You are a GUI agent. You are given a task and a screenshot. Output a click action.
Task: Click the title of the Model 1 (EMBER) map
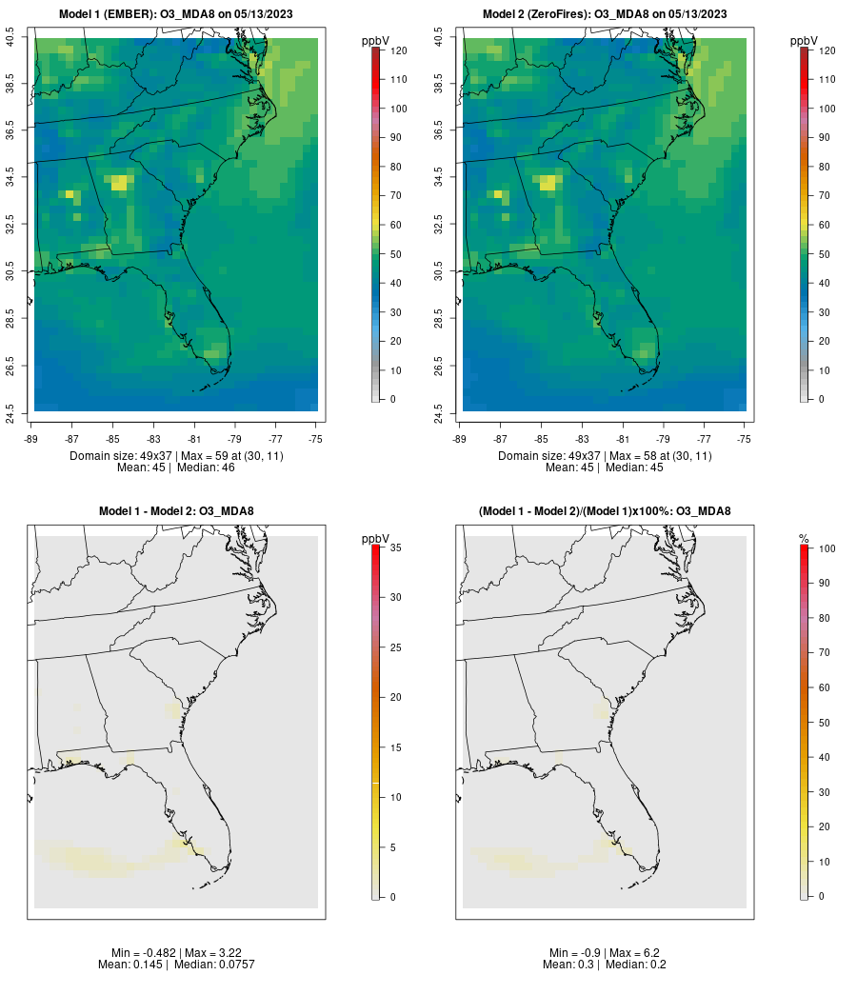coord(175,13)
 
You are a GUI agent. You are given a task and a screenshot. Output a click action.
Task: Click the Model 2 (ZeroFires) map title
coord(605,13)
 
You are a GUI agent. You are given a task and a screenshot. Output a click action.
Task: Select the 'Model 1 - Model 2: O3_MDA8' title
coord(175,511)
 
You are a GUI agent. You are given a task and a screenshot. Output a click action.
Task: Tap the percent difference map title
coord(605,511)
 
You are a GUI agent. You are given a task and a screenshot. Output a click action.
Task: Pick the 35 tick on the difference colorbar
coord(395,547)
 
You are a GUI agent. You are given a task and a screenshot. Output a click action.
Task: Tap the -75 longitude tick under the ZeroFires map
coord(744,438)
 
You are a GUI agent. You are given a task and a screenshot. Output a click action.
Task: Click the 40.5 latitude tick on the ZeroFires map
coord(439,38)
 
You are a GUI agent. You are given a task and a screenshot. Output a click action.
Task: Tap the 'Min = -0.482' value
coord(138,953)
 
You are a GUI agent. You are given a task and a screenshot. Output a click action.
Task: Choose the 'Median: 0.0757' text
coord(203,965)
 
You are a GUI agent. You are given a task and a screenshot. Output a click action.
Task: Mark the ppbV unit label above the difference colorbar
coord(376,539)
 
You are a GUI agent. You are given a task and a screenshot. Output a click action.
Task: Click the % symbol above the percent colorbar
coord(804,539)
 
